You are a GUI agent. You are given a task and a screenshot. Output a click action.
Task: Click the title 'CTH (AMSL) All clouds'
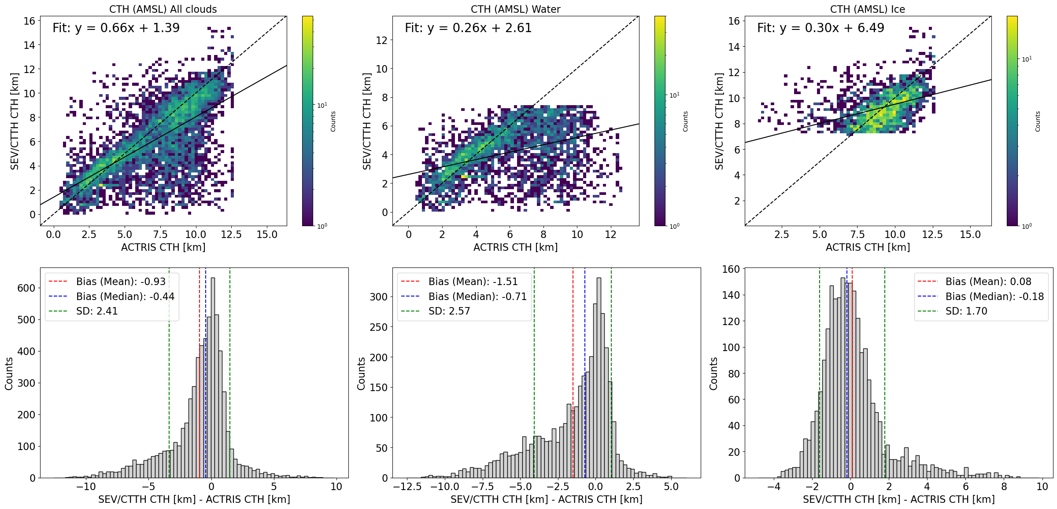tap(163, 9)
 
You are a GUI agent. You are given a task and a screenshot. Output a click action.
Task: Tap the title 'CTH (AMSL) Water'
tap(515, 9)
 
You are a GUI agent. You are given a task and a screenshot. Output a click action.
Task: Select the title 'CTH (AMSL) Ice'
tap(868, 9)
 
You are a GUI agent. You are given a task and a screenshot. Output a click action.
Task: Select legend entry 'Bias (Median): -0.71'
tap(477, 297)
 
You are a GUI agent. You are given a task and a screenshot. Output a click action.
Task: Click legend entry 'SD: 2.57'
tap(449, 311)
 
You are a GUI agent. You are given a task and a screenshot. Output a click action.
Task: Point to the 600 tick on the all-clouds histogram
tap(26, 288)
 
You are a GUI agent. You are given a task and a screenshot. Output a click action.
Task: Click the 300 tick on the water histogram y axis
tap(378, 297)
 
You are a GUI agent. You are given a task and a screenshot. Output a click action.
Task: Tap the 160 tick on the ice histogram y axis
tap(731, 269)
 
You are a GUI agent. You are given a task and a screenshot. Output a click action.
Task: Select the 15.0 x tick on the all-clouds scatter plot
tap(267, 235)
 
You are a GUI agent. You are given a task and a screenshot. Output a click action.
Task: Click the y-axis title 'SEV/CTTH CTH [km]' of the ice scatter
tap(719, 121)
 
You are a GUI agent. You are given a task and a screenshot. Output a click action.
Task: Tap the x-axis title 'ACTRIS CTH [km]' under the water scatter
tap(515, 247)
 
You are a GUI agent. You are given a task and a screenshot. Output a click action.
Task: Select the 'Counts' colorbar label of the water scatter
tap(685, 121)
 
